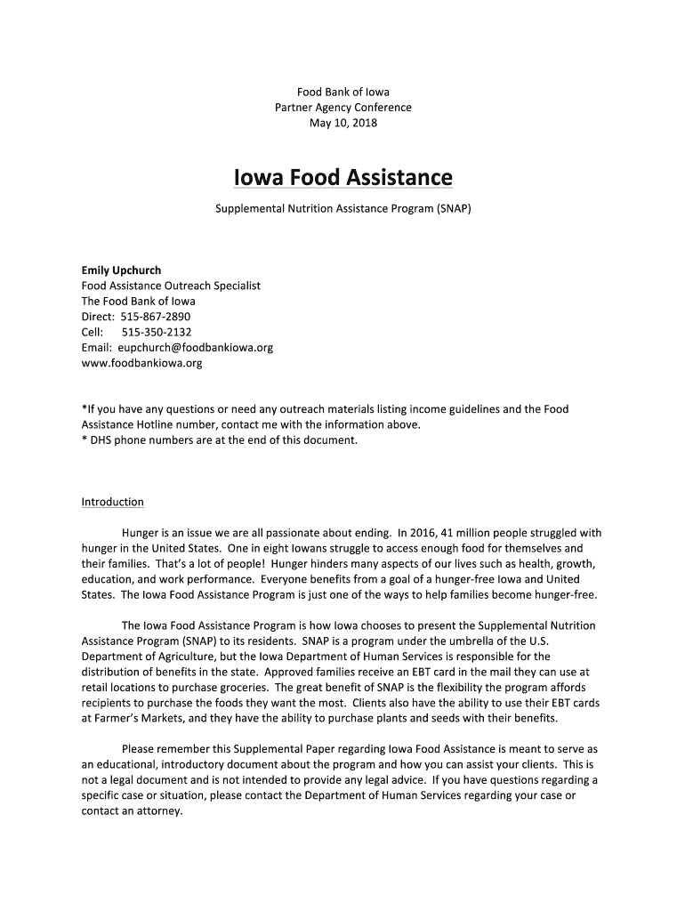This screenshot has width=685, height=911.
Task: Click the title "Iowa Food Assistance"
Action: pyautogui.click(x=342, y=179)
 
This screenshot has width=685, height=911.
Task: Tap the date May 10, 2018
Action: pyautogui.click(x=342, y=123)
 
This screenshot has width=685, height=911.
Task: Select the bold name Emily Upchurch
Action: pyautogui.click(x=122, y=270)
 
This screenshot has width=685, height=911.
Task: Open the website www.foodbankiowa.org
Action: pyautogui.click(x=141, y=363)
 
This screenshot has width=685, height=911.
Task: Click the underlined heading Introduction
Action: pyautogui.click(x=112, y=502)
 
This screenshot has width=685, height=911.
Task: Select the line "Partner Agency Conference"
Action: pyautogui.click(x=342, y=108)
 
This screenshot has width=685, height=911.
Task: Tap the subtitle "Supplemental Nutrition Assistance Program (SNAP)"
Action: pyautogui.click(x=342, y=209)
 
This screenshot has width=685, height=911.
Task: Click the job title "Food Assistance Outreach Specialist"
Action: pyautogui.click(x=171, y=286)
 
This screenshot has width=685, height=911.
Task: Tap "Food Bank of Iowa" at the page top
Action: pyautogui.click(x=342, y=92)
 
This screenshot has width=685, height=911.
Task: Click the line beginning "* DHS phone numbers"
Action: pyautogui.click(x=219, y=440)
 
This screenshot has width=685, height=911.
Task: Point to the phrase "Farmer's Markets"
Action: pyautogui.click(x=134, y=718)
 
